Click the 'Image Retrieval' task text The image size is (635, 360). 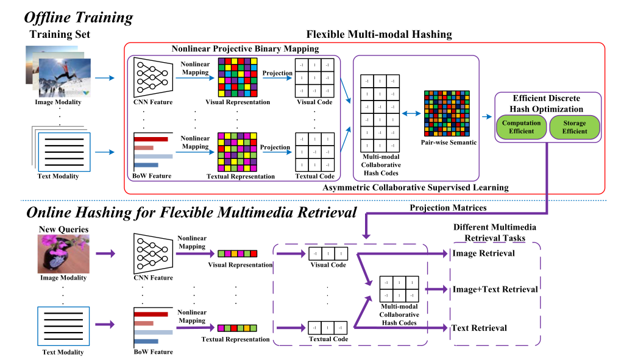[483, 253]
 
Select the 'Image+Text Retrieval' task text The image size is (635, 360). [494, 289]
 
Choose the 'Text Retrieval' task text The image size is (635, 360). [479, 328]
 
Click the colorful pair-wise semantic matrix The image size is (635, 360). [448, 115]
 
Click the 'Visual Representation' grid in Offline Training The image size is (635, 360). [238, 78]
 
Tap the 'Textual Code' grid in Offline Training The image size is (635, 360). [314, 152]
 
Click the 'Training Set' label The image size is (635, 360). [60, 34]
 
